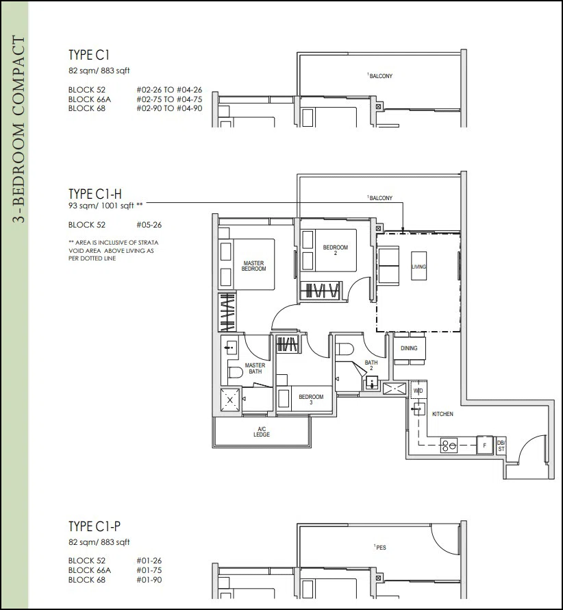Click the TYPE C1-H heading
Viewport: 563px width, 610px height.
pos(95,194)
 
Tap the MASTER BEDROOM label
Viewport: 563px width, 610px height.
pos(254,266)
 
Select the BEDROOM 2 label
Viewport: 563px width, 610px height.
pos(336,249)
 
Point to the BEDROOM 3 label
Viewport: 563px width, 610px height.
pos(311,399)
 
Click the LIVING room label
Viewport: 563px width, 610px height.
pos(418,267)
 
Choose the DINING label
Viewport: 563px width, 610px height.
pos(409,348)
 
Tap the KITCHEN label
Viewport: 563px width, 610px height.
pos(442,414)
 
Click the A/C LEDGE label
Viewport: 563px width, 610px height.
pos(262,432)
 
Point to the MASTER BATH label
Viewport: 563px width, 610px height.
pos(255,369)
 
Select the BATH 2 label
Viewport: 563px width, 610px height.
pos(371,365)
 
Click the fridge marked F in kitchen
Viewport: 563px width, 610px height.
pos(484,445)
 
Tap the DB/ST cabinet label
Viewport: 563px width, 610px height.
pos(501,446)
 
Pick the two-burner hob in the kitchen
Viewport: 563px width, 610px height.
pos(449,446)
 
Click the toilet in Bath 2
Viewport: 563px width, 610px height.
pos(344,349)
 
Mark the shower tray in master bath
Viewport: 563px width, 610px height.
pos(230,400)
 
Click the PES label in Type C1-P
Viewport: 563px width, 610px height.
pos(381,548)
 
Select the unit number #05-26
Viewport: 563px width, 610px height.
pos(149,225)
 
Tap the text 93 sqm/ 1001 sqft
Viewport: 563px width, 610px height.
pos(101,206)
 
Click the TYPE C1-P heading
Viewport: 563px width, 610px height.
pos(95,526)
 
